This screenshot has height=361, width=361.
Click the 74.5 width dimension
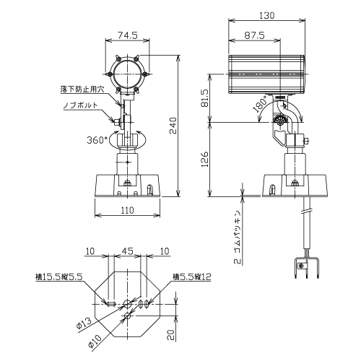coord(128,35)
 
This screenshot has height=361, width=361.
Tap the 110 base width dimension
coord(127,210)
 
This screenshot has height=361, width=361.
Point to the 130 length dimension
coord(267,15)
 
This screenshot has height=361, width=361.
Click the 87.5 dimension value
coord(255,35)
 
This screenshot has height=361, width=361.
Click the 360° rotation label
coord(97,140)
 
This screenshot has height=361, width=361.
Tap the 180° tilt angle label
coord(261,104)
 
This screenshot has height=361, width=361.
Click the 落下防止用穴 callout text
coord(82,90)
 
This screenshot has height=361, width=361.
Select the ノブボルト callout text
coord(81,105)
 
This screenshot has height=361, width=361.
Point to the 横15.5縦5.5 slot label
coord(58,277)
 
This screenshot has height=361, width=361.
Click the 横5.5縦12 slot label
coord(192,277)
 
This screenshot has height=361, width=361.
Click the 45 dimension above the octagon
coord(127,251)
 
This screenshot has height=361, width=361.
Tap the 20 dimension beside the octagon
coord(170,335)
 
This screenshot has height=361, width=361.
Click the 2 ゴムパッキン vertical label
coord(238,238)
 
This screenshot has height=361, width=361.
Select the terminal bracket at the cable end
coord(307,268)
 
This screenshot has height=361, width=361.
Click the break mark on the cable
coord(307,212)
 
